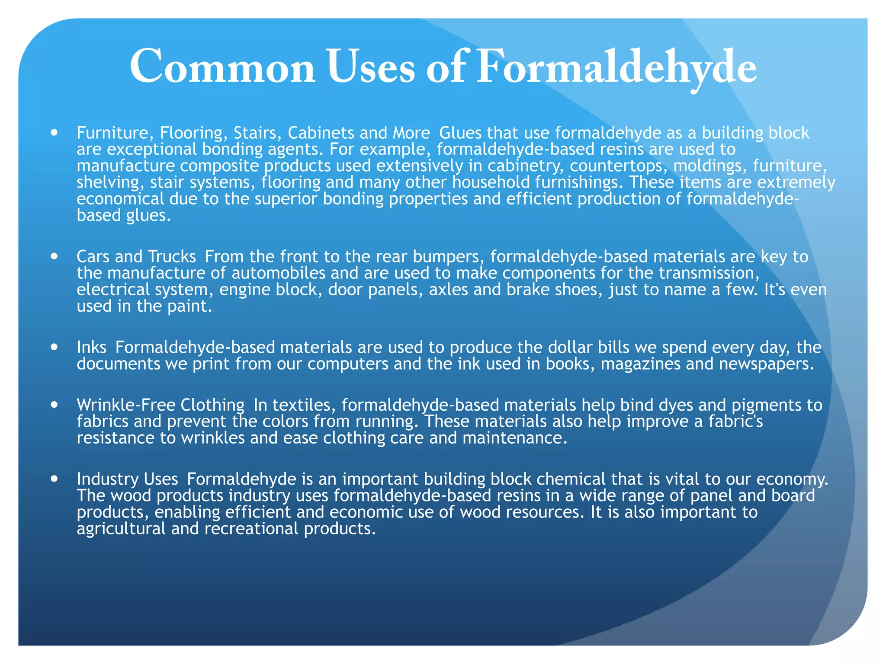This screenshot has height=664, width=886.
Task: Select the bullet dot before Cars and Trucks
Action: point(54,256)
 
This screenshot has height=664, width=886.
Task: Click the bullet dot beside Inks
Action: point(54,347)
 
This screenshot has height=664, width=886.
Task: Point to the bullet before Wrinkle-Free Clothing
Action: point(54,405)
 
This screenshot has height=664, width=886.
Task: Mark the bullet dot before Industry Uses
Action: point(54,479)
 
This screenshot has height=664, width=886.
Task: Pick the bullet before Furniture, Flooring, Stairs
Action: point(54,132)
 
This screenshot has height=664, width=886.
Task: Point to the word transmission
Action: point(709,273)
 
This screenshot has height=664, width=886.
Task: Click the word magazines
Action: point(641,364)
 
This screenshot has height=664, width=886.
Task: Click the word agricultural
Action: point(121,529)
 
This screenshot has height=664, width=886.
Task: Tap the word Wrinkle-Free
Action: point(126,405)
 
